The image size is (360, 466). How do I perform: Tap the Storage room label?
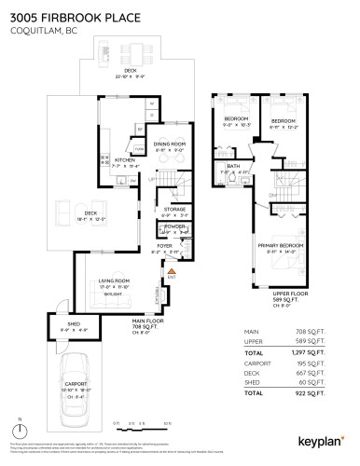[175, 211]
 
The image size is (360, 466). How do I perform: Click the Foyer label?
[165, 248]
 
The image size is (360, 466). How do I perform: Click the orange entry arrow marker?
[171, 270]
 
